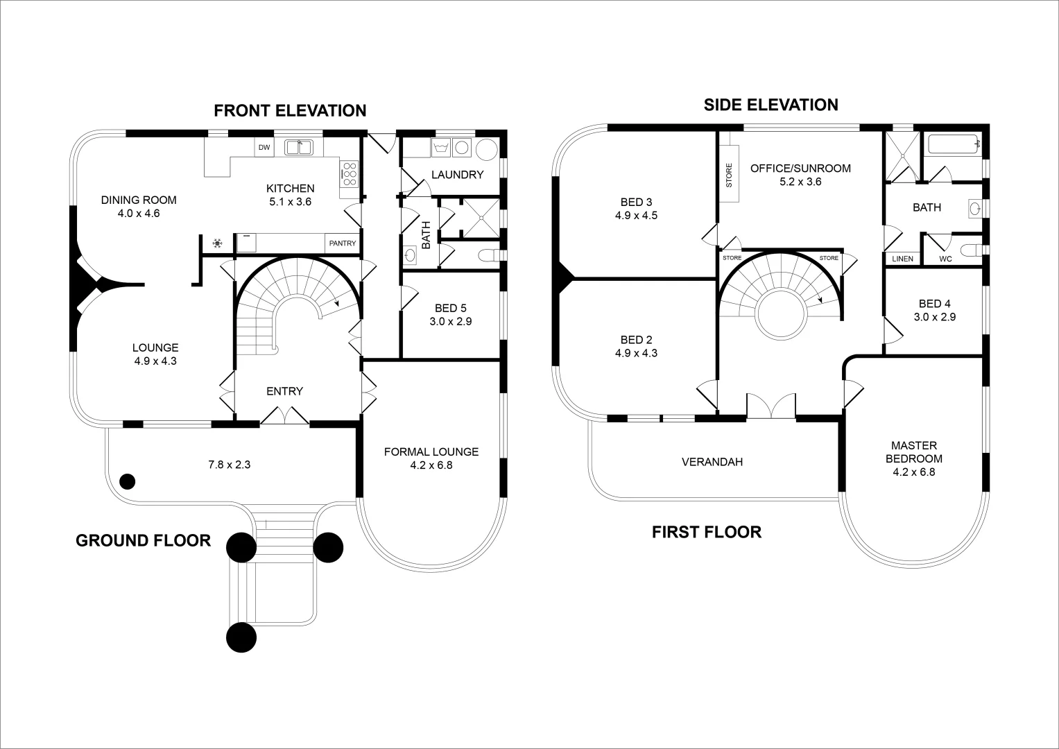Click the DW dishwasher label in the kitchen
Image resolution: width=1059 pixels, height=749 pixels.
pos(264,147)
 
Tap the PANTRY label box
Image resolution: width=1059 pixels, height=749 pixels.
pos(343,243)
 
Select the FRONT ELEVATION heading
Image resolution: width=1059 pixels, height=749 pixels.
pos(290,111)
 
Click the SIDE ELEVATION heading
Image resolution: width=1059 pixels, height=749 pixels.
pos(770,105)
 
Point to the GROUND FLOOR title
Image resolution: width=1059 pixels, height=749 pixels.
pos(143,541)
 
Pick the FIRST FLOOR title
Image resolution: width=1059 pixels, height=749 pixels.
pos(706,532)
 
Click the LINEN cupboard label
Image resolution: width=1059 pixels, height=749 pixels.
pos(902,259)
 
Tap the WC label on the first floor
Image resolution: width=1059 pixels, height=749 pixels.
pos(945,259)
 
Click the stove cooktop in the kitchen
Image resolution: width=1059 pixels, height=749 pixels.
pos(349,174)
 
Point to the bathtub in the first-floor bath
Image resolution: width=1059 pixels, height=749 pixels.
pos(954,145)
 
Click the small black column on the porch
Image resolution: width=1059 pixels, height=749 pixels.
pos(127,481)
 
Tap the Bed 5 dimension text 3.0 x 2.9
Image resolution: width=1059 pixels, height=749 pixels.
pos(451,321)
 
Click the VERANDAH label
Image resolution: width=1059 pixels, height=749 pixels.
pos(712,461)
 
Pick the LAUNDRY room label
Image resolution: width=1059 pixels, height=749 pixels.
pos(457,175)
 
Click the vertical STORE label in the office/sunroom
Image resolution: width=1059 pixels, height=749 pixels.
pos(728,175)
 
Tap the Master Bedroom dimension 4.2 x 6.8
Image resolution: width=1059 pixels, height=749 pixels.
pos(914,472)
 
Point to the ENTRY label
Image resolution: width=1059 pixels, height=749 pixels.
pos(284,391)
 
